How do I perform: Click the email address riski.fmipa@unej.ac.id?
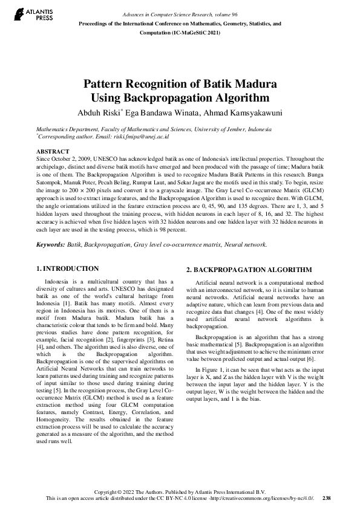click(142, 137)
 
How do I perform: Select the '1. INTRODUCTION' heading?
click(67, 268)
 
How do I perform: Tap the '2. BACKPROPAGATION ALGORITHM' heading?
click(249, 270)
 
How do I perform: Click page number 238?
click(327, 499)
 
